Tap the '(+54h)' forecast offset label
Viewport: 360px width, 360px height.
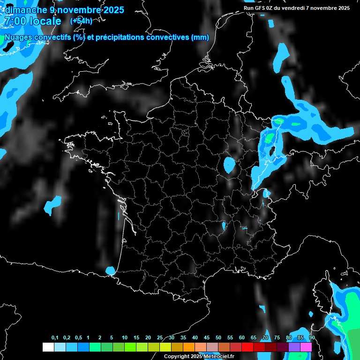pyautogui.click(x=81, y=21)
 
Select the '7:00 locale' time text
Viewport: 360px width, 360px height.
pyautogui.click(x=32, y=22)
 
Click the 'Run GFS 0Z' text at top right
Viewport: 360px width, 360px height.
pyautogui.click(x=262, y=8)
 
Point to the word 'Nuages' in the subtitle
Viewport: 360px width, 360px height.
pyautogui.click(x=18, y=38)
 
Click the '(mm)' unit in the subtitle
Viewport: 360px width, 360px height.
pyautogui.click(x=200, y=38)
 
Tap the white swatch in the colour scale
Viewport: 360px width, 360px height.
pyautogui.click(x=48, y=347)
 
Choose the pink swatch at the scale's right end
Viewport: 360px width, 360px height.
pyautogui.click(x=306, y=347)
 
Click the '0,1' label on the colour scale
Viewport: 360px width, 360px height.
pyautogui.click(x=55, y=338)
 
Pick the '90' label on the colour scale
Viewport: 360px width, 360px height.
pyautogui.click(x=312, y=338)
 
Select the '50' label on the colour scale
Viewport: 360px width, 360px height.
pyautogui.click(x=218, y=338)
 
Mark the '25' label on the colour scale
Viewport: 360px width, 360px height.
pyautogui.click(x=160, y=338)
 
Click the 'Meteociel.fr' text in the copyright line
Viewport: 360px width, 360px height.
pyautogui.click(x=219, y=357)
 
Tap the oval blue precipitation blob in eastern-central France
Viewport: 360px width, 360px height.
pyautogui.click(x=229, y=165)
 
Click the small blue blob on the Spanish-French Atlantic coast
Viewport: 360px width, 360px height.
pyautogui.click(x=111, y=270)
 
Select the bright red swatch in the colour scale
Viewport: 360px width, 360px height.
pyautogui.click(x=247, y=347)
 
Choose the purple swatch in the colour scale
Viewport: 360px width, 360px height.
pyautogui.click(x=294, y=347)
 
